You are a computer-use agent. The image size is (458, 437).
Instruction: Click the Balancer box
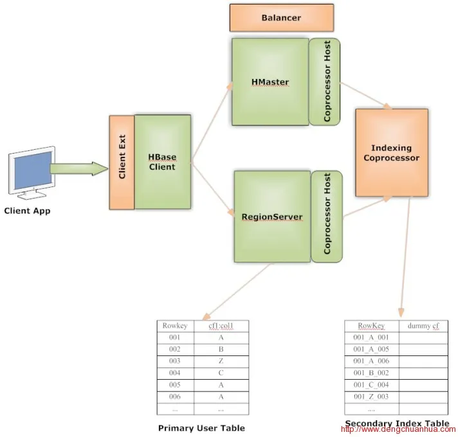281,17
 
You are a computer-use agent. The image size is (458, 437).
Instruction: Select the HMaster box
270,82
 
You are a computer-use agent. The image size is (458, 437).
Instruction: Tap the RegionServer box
271,217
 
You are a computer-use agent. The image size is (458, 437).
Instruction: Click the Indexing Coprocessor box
391,153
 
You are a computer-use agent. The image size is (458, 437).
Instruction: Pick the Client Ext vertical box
122,162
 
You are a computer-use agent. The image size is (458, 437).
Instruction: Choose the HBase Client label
162,162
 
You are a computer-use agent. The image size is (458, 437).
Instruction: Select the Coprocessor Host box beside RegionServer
327,217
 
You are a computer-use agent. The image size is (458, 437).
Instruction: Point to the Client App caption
27,210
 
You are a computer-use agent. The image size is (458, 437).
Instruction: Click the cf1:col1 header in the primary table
221,326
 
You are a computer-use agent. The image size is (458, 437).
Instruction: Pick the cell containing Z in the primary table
221,361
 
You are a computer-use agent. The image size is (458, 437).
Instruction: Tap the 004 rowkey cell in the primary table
175,372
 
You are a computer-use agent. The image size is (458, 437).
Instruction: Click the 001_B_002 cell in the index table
371,373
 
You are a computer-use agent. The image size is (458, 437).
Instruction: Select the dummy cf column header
423,326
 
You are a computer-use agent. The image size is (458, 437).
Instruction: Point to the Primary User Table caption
201,427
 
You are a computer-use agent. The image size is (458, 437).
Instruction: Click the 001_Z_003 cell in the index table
371,397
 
